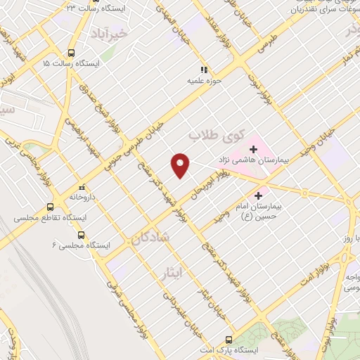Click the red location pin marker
pos(181,165)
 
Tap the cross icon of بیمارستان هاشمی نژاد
pos(253,149)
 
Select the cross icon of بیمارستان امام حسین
pos(259,195)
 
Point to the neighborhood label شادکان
pos(150,238)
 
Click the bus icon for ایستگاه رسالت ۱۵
pos(71,52)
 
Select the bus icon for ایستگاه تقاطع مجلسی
pos(50,207)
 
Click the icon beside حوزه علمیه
pos(205,70)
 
